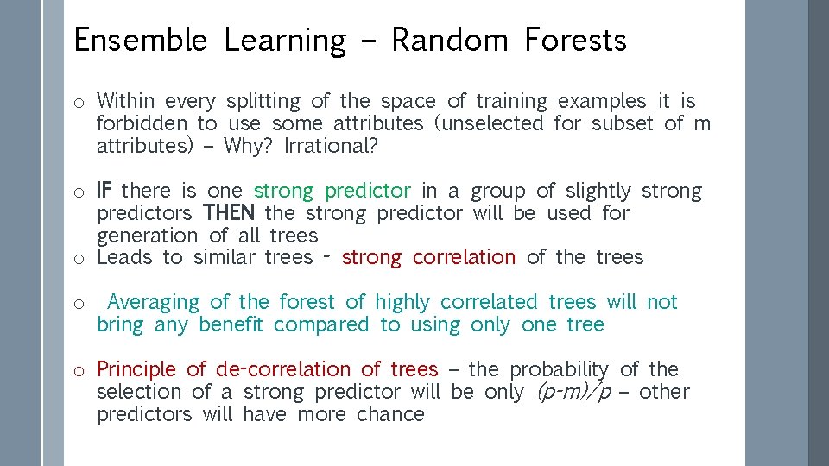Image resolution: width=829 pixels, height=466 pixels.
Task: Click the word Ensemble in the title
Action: point(139,41)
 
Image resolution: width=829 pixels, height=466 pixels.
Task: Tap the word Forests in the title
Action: point(574,41)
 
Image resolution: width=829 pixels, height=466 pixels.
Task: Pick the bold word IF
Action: point(104,191)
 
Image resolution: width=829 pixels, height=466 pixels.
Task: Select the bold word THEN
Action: point(231,213)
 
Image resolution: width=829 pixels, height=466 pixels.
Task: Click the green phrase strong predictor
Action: point(332,191)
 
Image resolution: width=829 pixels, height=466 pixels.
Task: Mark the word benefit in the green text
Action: point(235,324)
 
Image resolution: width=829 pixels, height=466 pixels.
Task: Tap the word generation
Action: point(147,236)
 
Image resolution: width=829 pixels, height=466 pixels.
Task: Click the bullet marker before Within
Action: point(78,103)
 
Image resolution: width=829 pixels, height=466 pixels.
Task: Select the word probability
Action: point(559,369)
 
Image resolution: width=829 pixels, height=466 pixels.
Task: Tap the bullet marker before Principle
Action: point(78,371)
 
